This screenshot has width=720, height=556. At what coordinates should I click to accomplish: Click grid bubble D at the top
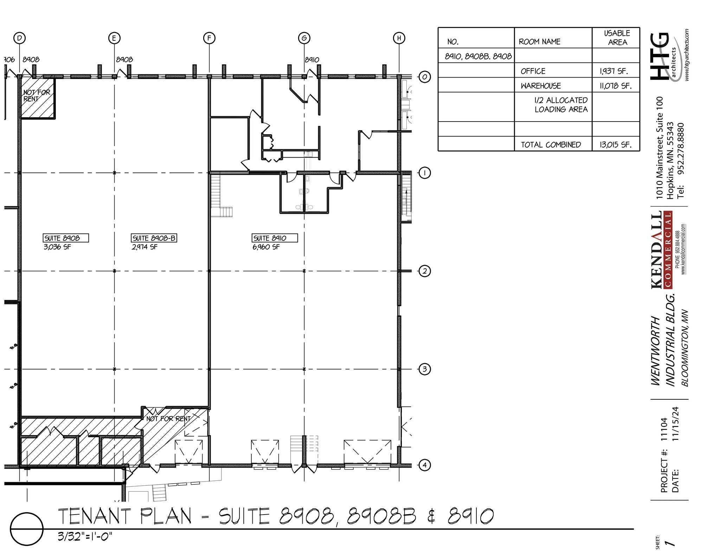[20, 38]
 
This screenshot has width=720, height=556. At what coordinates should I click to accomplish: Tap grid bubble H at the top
[399, 38]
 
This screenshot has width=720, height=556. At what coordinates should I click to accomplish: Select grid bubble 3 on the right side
[425, 369]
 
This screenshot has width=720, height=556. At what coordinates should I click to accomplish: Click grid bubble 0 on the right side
[425, 77]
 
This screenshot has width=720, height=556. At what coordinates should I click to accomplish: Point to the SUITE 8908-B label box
[154, 238]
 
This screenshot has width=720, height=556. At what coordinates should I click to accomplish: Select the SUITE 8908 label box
[65, 238]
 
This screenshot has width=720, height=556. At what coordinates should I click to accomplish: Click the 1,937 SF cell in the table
[613, 71]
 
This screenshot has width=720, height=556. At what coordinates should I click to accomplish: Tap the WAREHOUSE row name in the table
[541, 86]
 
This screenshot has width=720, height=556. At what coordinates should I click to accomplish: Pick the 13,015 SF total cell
[615, 145]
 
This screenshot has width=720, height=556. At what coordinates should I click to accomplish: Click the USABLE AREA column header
[617, 38]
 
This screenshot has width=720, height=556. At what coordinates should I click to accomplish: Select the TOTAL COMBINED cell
[551, 145]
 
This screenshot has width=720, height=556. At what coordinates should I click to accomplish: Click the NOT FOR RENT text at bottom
[168, 419]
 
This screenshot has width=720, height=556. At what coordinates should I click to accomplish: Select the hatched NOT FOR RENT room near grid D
[37, 98]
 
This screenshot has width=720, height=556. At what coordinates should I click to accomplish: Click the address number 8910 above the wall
[312, 60]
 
